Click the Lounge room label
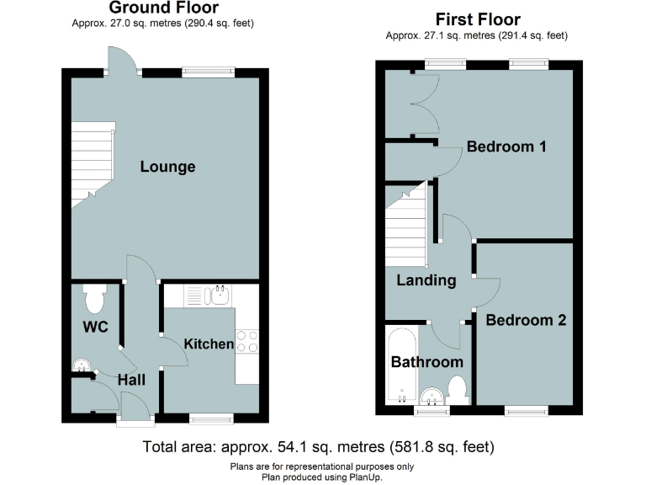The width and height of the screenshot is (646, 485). (x=167, y=167)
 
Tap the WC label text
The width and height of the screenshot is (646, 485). (x=95, y=327)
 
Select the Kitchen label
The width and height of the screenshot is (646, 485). (x=209, y=344)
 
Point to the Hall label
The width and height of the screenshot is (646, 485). (x=131, y=380)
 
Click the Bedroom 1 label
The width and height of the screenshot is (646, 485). (x=506, y=147)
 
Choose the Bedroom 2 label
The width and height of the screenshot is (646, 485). (x=525, y=320)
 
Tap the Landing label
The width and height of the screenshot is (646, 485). (x=426, y=280)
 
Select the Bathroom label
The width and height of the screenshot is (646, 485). (x=426, y=362)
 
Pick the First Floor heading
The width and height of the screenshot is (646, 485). (x=477, y=19)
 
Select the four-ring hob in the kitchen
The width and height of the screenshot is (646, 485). (x=247, y=341)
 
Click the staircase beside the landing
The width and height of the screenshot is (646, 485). (x=407, y=224)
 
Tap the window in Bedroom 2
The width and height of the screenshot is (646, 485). (x=527, y=410)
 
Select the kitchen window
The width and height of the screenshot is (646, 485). (x=210, y=418)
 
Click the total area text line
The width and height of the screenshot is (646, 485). (x=318, y=446)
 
